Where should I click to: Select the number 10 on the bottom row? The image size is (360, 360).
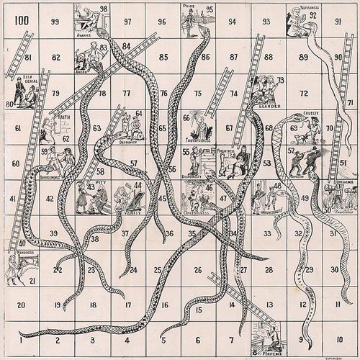tap(338, 338)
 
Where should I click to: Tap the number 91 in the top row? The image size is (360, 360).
tap(338, 22)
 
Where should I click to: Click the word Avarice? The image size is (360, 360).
tap(85, 34)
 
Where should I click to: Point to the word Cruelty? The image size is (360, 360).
tap(311, 114)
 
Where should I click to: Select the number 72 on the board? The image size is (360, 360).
tap(303, 93)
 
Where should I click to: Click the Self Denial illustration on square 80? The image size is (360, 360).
tap(20, 91)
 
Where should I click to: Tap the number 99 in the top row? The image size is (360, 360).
tap(55, 22)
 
